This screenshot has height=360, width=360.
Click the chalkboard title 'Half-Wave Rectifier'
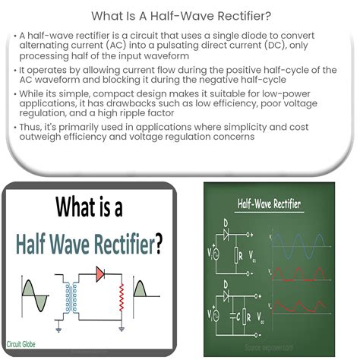[x=269, y=204]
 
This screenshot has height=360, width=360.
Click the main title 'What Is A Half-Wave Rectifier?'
[x=179, y=14]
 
